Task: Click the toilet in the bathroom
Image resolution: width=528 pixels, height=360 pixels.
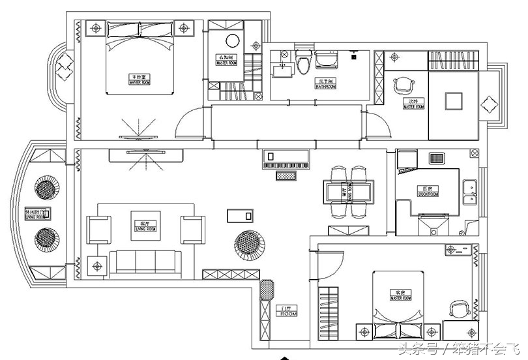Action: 302,63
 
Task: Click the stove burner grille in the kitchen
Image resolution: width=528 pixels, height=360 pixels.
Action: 436,158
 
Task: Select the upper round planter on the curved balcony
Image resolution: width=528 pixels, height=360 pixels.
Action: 47,190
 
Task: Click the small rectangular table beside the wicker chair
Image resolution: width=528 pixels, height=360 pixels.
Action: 239,216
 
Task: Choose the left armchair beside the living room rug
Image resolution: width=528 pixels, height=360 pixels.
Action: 100,230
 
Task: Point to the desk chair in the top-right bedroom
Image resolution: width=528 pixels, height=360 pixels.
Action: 405,84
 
